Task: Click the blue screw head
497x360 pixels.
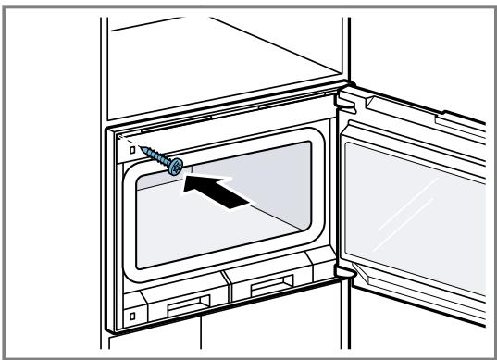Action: coord(174,166)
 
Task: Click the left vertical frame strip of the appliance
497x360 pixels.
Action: coord(118,231)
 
